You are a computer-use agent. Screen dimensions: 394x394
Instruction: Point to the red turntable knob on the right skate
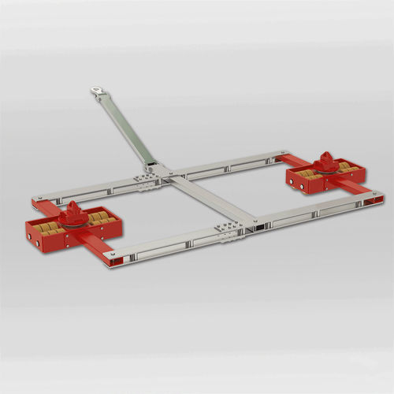point(325,160)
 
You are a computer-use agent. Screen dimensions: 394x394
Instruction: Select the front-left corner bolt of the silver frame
point(113,255)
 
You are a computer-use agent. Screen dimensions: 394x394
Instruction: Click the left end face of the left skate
point(32,233)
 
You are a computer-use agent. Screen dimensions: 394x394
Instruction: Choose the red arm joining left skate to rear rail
point(46,206)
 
